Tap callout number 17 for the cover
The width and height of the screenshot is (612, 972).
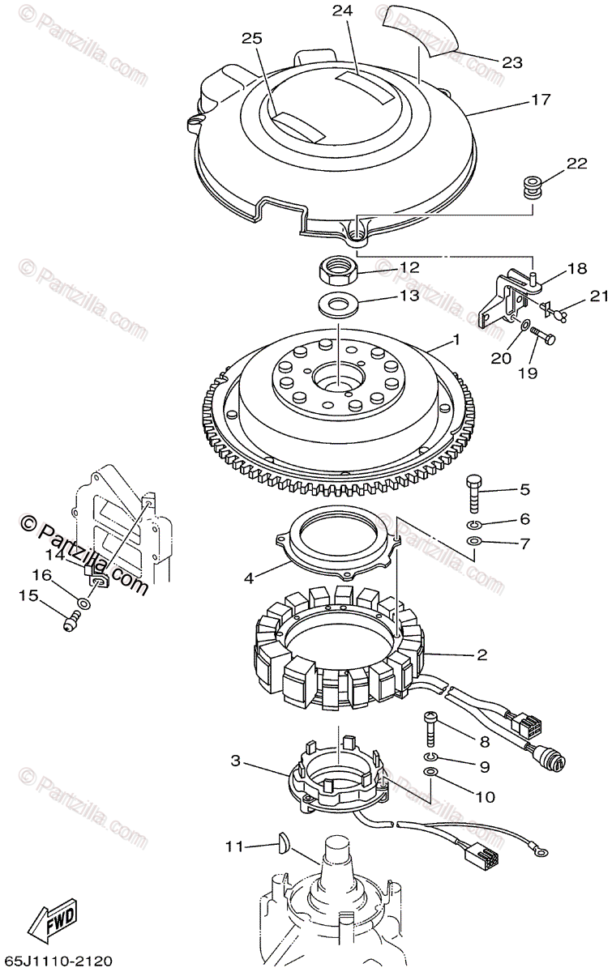pyautogui.click(x=541, y=100)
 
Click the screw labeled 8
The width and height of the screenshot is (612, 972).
pyautogui.click(x=431, y=730)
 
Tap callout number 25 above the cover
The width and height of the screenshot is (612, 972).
pyautogui.click(x=252, y=39)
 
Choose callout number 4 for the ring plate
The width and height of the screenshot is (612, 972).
pyautogui.click(x=249, y=578)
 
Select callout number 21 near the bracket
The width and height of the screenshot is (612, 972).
pyautogui.click(x=599, y=297)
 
